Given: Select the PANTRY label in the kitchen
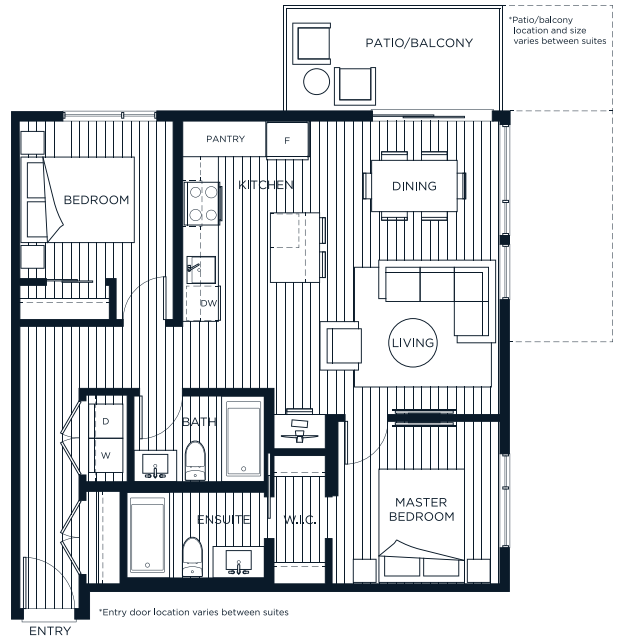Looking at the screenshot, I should click(x=225, y=139).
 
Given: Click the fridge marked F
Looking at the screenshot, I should click(x=287, y=140).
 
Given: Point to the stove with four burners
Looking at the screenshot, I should click(x=204, y=204).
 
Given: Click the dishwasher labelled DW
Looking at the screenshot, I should click(x=208, y=303).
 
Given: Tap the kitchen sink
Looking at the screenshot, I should click(x=197, y=267).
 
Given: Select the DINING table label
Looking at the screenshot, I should click(x=414, y=186).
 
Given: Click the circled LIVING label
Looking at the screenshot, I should click(x=413, y=343).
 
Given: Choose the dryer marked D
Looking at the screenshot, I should click(x=106, y=421).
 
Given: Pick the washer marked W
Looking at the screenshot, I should click(x=106, y=455).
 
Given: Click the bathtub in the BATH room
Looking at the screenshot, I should click(x=243, y=439).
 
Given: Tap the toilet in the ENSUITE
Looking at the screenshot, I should click(x=193, y=555).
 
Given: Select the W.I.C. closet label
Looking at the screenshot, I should click(x=300, y=520).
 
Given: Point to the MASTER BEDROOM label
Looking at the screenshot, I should click(x=424, y=509).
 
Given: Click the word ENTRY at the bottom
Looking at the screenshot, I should click(x=49, y=631).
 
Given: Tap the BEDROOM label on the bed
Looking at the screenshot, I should click(x=96, y=200).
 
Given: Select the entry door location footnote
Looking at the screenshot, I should click(x=193, y=611).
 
